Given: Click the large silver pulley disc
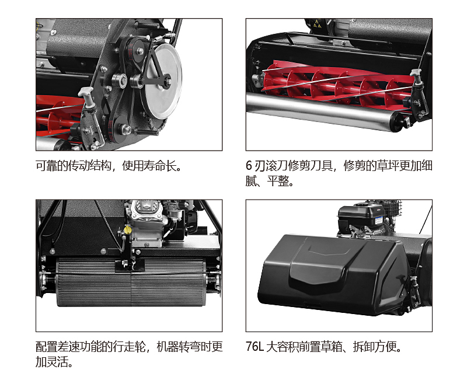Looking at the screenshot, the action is pos(162,81).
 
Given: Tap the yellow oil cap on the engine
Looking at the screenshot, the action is pos(127,229).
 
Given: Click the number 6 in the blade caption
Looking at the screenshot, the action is pos(249,166).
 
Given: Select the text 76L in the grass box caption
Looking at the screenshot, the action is pos(255,347).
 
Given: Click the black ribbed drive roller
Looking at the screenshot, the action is pos(131,282).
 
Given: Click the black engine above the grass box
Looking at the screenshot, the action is pos(362,219).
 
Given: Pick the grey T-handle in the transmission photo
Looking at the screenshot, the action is pos(87,95).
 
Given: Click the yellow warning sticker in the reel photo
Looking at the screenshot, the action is pos(317,24).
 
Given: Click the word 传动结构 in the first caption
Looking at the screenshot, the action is pos(90,166).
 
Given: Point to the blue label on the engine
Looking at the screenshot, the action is pos(378,221).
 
